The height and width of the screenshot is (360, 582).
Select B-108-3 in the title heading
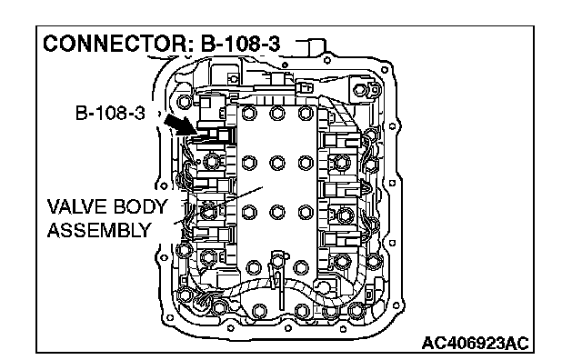240,44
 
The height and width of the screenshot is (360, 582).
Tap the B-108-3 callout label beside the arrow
110,113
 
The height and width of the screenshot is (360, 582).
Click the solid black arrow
181,125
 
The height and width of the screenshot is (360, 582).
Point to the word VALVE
73,206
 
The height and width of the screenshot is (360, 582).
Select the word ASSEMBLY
99,231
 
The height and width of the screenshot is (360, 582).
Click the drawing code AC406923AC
475,344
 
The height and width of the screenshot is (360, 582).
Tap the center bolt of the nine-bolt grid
277,163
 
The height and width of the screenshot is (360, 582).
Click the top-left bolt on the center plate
249,114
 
